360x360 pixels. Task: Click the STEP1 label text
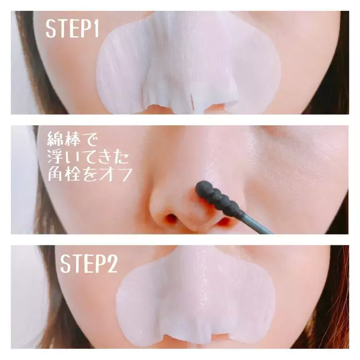pyautogui.click(x=72, y=29)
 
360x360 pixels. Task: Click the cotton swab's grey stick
pyautogui.click(x=255, y=222)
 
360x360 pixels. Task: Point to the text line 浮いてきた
pyautogui.click(x=88, y=157)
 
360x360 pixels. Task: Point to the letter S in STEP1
pyautogui.click(x=51, y=29)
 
